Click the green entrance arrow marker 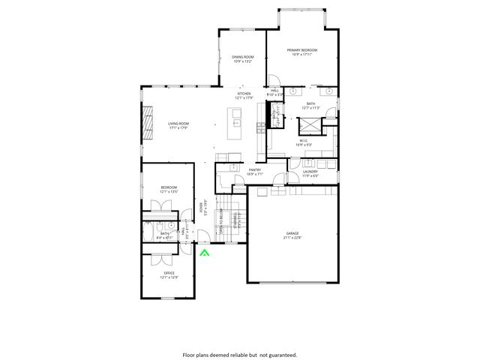[x=205, y=253]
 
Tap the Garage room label [x=292, y=235]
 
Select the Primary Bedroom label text [x=301, y=52]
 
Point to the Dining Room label [x=242, y=59]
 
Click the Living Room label [x=178, y=125]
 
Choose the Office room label [x=169, y=275]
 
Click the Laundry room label [x=310, y=173]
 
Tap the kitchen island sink [x=236, y=122]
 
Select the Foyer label [x=200, y=211]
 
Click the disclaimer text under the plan [x=239, y=354]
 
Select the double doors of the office [x=159, y=259]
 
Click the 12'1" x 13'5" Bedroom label [x=169, y=189]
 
